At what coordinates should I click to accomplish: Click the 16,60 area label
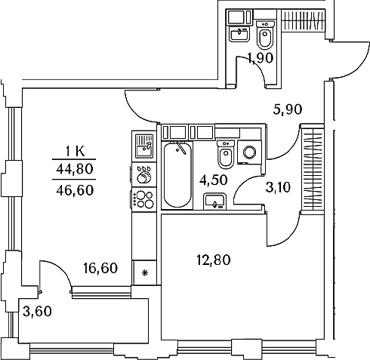100,268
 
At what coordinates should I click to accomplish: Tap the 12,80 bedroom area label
214,260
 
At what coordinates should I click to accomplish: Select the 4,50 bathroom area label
214,180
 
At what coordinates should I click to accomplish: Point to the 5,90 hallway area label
288,109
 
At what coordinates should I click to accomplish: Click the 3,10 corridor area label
278,187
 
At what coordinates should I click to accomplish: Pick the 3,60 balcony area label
37,312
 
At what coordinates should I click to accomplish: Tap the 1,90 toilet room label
261,58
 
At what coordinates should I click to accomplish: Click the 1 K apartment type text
75,152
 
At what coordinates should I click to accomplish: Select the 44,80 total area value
75,169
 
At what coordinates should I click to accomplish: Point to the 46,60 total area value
75,190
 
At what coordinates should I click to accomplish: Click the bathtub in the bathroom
177,175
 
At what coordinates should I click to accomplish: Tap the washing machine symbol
249,152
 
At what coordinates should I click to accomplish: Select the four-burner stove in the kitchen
143,199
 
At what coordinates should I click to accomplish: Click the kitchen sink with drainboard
144,146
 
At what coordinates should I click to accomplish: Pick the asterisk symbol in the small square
145,272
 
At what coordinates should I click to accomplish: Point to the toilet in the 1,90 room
265,35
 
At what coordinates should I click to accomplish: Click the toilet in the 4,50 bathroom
226,155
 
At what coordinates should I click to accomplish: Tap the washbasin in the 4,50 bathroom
214,202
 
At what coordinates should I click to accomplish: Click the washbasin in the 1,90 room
239,34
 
